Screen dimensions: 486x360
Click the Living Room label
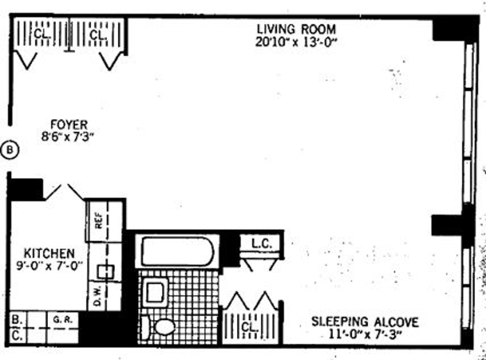click(x=296, y=29)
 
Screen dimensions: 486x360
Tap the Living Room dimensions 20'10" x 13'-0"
click(x=296, y=42)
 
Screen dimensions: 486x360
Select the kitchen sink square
click(x=106, y=271)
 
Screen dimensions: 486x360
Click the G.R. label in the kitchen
click(x=60, y=318)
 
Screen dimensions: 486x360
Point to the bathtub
click(x=177, y=251)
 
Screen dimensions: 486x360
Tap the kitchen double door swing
click(x=65, y=191)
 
